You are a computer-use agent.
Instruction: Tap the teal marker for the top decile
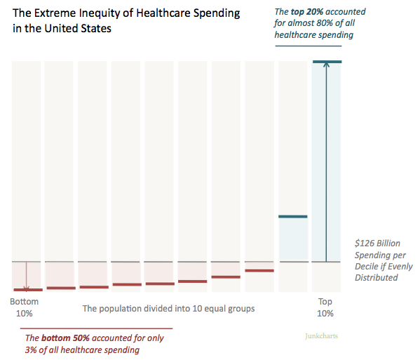coord(326,62)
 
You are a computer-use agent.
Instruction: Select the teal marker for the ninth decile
coord(293,216)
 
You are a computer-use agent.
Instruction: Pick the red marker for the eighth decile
coord(259,270)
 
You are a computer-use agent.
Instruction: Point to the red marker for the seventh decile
coord(226,277)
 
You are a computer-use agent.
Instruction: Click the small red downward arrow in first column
coord(27,286)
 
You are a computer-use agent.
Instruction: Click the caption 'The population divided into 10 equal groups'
coord(168,308)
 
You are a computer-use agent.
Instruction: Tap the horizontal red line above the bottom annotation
coord(96,328)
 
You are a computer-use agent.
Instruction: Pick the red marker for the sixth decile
coord(192,281)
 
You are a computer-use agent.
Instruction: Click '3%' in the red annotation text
coord(32,350)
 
